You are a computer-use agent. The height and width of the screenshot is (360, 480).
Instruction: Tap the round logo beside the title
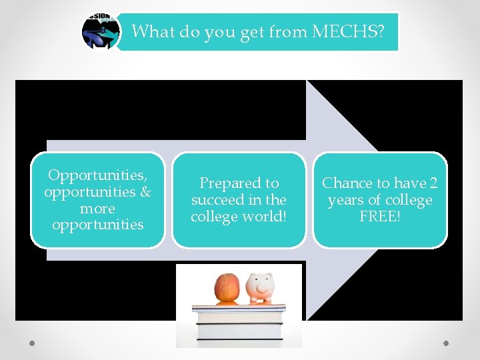pos(100,31)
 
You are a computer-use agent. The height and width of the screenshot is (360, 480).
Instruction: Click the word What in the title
pos(153,31)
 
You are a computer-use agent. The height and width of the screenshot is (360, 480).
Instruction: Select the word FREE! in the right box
pos(379,217)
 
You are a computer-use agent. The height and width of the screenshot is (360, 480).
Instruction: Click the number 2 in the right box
pos(433,183)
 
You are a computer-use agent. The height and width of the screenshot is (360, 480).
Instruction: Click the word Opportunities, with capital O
pos(97,175)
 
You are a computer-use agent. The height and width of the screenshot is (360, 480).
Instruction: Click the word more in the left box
pos(97,208)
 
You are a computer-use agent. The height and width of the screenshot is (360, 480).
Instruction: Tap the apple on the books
pos(227,288)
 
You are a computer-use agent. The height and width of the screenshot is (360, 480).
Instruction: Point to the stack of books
pos(239,323)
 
